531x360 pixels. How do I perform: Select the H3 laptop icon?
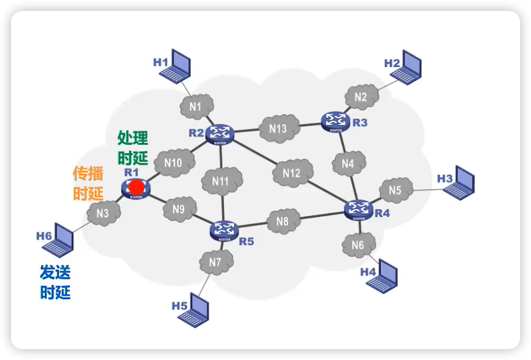point(459,182)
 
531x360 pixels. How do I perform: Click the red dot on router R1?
point(137,187)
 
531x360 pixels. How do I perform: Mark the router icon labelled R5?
point(225,230)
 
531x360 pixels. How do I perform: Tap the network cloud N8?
point(282,222)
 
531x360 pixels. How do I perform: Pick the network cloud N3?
point(103,213)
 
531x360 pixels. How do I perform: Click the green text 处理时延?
point(133,148)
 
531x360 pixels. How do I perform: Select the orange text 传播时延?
point(88,183)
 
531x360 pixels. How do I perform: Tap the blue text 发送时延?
point(55,282)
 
